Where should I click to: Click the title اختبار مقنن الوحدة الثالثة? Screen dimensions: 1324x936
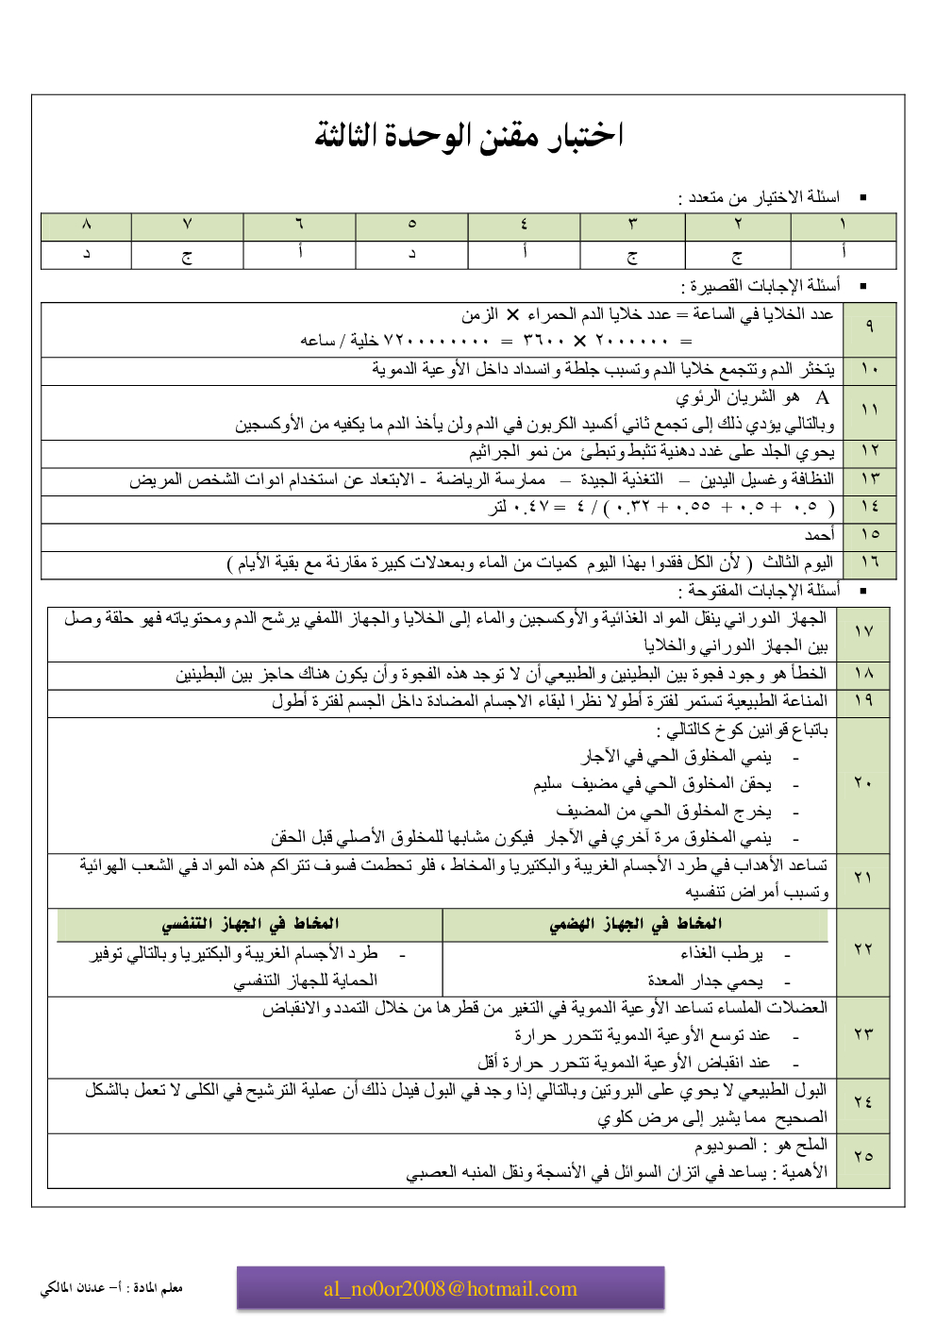469,136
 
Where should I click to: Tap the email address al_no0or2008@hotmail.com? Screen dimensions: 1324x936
450,1289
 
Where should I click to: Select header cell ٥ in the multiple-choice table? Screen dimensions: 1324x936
411,225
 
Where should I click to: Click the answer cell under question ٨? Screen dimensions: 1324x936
86,254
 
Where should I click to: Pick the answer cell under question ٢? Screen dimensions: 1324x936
737,255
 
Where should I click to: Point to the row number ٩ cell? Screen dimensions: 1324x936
869,327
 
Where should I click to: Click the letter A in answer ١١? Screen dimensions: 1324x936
822,397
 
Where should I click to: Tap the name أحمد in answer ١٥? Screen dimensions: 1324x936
819,535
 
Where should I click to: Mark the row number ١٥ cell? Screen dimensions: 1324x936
869,535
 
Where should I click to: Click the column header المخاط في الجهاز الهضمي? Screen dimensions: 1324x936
636,924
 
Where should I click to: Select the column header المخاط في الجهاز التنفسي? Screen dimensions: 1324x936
250,924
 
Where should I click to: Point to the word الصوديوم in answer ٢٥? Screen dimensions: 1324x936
726,1145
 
